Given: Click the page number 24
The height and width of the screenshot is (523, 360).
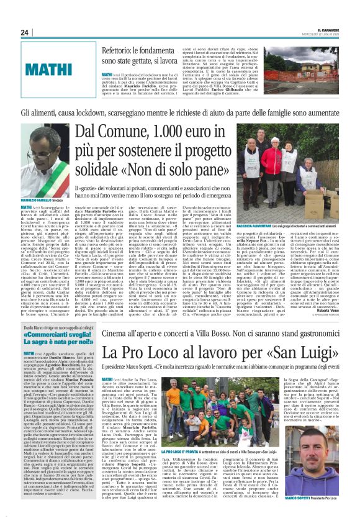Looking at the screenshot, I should pos(25,32).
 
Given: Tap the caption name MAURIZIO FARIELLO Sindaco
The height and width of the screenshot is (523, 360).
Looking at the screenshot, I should pos(45,201).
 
